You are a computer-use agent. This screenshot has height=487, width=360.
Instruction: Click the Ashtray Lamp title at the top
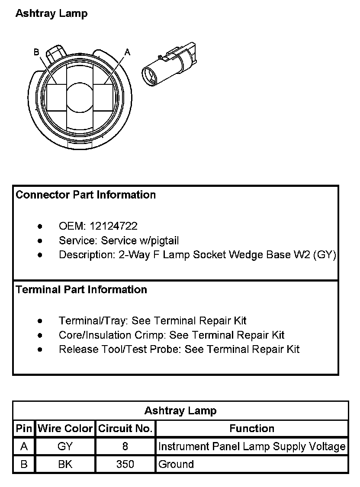(x=51, y=13)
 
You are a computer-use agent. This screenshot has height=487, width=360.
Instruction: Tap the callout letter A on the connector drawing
(x=127, y=52)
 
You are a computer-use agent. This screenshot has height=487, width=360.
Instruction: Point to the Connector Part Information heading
(x=86, y=195)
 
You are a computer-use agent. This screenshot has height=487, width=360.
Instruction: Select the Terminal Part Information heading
(x=81, y=289)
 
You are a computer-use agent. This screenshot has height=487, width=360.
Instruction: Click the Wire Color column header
(x=65, y=429)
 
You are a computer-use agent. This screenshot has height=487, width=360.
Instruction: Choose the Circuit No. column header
(x=125, y=429)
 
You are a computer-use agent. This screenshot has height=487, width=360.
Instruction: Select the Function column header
(x=252, y=429)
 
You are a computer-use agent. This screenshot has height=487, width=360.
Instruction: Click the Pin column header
(x=24, y=429)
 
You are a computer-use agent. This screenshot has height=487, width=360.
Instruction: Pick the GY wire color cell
(x=65, y=446)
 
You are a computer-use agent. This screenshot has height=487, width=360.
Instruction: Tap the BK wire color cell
(x=65, y=465)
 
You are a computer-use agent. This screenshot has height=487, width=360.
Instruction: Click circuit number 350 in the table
(x=125, y=465)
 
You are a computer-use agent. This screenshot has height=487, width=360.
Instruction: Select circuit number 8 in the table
(x=125, y=446)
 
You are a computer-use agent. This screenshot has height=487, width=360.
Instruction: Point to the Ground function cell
(x=176, y=465)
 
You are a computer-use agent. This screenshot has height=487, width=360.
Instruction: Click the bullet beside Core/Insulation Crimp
(x=40, y=335)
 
